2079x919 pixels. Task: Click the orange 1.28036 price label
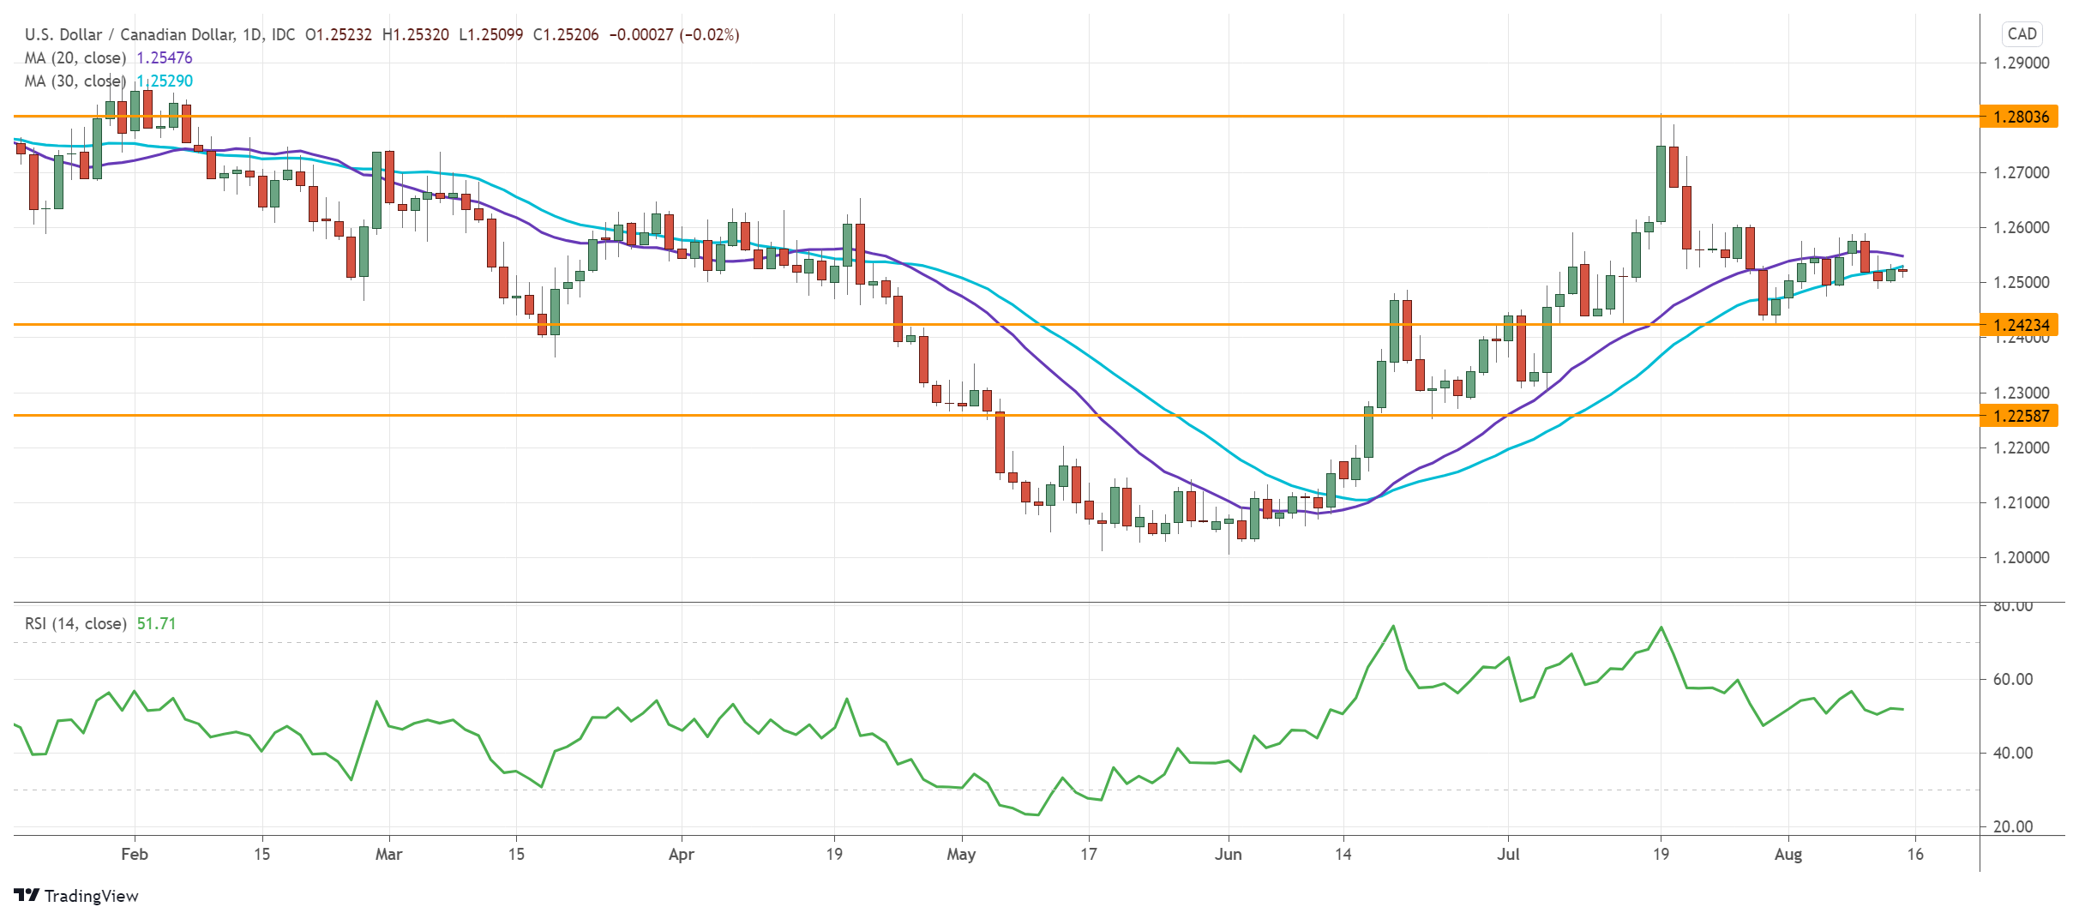tap(2020, 117)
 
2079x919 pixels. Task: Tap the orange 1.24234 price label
tap(2020, 325)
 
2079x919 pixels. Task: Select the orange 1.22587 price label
tap(2020, 416)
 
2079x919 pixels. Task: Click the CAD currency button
tap(2022, 34)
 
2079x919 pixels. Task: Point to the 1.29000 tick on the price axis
tap(2021, 63)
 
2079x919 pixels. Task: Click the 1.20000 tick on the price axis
tap(2021, 557)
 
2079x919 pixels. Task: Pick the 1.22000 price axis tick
tap(2021, 447)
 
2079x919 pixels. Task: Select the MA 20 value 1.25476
tap(165, 57)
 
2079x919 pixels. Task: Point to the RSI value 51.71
tap(156, 623)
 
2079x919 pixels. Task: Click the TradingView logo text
tap(90, 896)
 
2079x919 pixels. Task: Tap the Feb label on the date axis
tap(135, 854)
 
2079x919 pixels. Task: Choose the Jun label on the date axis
tap(1228, 854)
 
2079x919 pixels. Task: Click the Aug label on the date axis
tap(1788, 854)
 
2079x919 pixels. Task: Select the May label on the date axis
tap(961, 854)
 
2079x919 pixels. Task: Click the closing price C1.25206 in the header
tap(566, 34)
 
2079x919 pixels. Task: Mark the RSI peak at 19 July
tap(1661, 628)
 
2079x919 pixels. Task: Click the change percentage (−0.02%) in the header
tap(709, 34)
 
